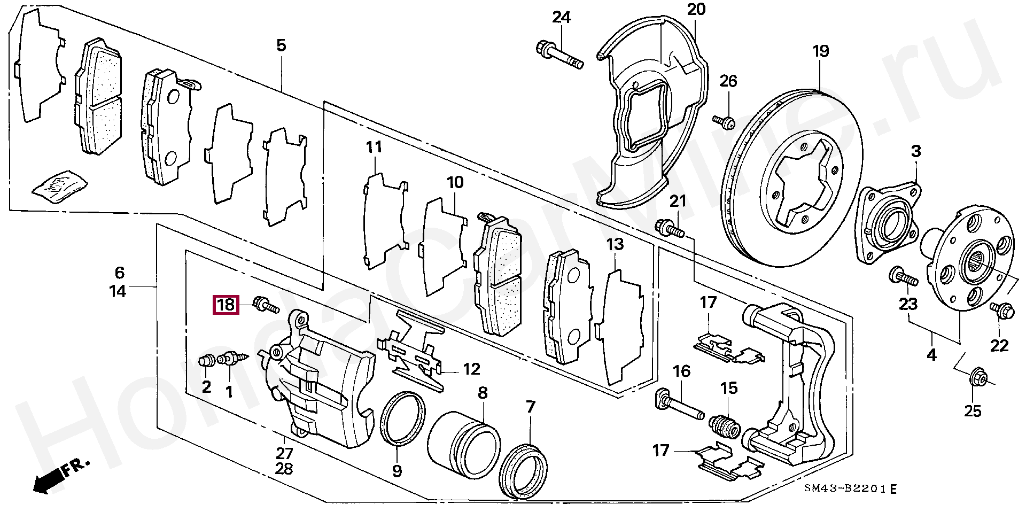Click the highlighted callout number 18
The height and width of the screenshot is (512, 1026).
click(226, 305)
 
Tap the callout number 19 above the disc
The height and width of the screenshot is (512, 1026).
click(821, 51)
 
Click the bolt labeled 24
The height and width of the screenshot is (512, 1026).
click(559, 56)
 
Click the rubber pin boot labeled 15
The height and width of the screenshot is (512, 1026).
click(724, 426)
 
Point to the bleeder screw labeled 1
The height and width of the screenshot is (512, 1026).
click(233, 358)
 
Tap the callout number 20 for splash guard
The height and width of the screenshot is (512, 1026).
click(696, 9)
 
